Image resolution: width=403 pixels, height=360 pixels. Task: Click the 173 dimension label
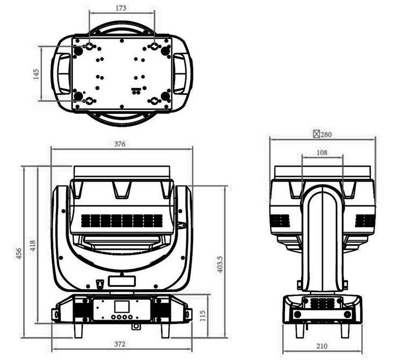pos(121,8)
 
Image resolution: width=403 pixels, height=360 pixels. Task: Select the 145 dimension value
pos(36,74)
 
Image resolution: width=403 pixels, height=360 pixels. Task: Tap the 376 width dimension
pos(120,144)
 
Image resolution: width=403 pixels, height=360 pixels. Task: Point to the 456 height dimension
pos(19,253)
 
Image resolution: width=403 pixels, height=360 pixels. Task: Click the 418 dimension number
pos(33,246)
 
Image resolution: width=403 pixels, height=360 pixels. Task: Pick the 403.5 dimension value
pos(220,264)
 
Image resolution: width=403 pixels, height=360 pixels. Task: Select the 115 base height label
pos(203,315)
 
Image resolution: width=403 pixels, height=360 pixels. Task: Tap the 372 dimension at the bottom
pos(120,344)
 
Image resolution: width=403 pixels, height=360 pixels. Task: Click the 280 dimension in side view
pos(326,134)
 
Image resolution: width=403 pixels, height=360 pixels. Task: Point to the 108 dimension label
pos(322,153)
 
